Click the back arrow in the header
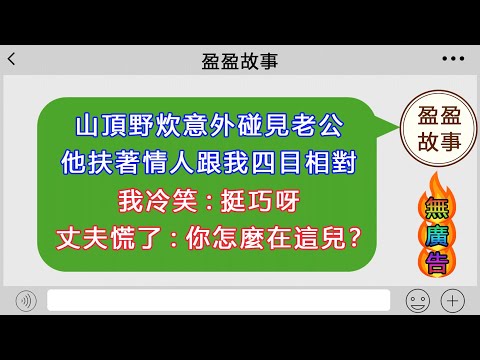[x=11, y=60]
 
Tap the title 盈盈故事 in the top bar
[x=240, y=61]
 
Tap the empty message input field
[x=217, y=300]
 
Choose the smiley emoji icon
[x=417, y=300]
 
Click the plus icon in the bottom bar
[x=453, y=300]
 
